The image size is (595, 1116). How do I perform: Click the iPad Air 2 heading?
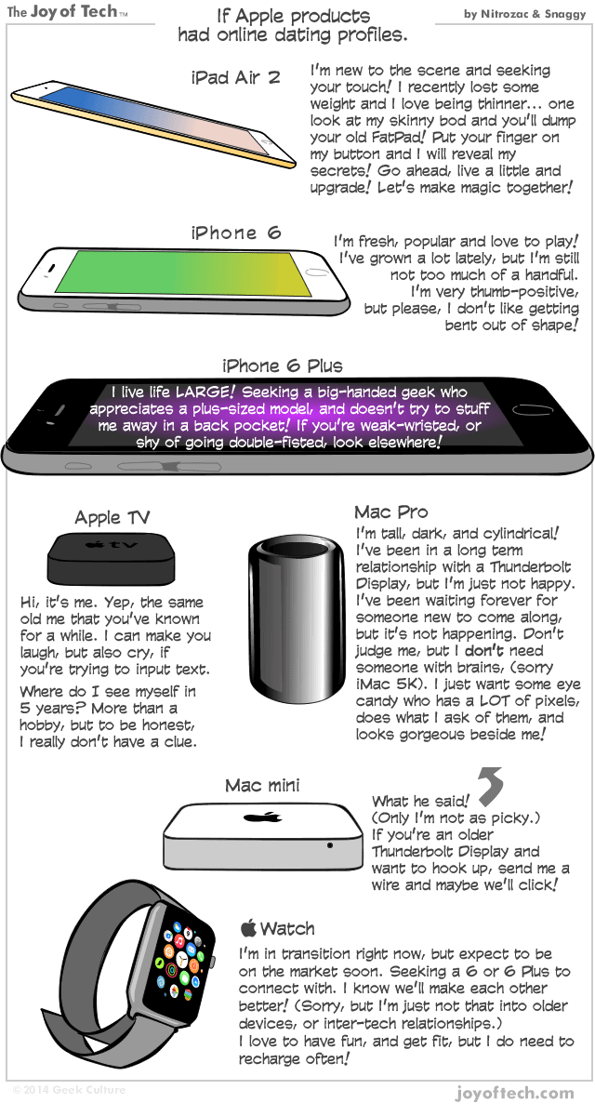tap(235, 77)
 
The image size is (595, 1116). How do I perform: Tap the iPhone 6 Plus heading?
tap(282, 365)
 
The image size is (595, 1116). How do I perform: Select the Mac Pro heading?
tap(390, 512)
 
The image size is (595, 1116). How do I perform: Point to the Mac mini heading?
tap(262, 786)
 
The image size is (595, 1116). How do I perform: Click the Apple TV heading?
tap(112, 518)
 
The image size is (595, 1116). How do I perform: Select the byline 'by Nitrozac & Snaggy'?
tap(524, 14)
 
